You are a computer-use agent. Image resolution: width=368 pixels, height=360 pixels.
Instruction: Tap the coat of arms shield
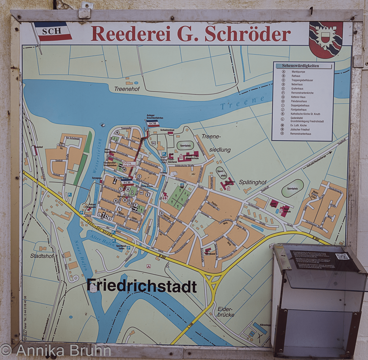326,39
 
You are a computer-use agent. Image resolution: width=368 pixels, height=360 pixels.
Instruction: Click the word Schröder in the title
247,34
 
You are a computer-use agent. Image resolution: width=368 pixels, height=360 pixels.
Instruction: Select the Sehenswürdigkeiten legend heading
300,66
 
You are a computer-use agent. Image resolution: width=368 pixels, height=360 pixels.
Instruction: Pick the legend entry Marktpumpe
298,72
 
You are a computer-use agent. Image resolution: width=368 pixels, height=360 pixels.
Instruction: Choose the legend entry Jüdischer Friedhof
300,129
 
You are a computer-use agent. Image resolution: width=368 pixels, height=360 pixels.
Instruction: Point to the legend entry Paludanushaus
299,101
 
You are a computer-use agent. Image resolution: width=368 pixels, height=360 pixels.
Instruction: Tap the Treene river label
242,103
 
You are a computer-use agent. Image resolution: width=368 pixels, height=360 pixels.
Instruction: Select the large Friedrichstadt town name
142,286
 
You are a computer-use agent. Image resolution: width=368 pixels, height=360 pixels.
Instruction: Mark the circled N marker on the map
117,132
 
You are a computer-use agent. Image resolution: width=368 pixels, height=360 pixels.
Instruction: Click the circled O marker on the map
162,213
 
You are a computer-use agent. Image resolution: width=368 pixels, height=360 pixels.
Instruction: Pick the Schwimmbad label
167,130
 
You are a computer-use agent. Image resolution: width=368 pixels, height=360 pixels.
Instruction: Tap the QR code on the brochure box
342,256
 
